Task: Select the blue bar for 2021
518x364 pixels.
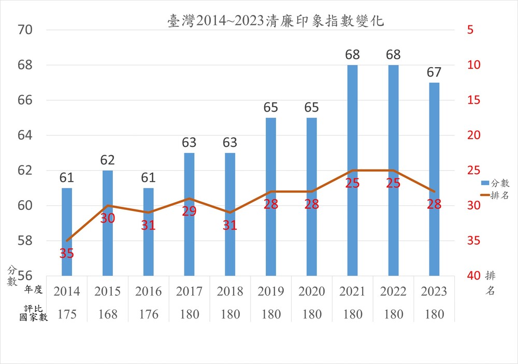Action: pos(352,171)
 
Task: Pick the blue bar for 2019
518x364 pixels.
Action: pos(271,196)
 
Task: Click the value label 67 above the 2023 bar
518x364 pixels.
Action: pos(434,72)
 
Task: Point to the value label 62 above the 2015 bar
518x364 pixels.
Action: pos(107,160)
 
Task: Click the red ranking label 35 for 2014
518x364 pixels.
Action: pos(67,253)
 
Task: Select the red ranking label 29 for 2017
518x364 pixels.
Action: pos(189,211)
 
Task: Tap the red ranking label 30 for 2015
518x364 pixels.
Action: pos(107,218)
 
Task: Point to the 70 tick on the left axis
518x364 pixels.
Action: pos(25,30)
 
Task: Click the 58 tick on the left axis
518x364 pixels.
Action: pos(25,241)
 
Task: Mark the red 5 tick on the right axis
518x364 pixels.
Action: pos(470,30)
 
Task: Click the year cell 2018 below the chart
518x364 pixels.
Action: pos(230,292)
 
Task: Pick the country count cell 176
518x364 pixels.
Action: pos(148,314)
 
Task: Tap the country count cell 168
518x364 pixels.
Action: pos(107,314)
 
